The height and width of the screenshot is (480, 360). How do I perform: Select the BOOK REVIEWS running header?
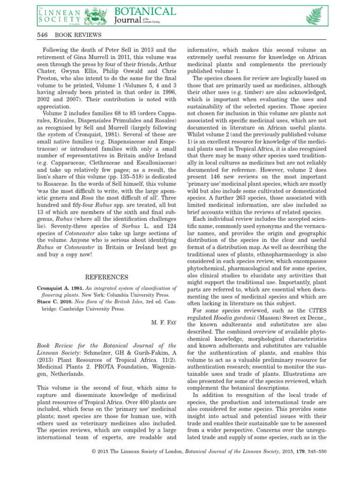pos(78,36)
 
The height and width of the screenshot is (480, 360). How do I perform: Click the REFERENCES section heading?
pos(106,277)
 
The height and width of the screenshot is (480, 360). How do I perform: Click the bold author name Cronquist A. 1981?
pos(58,288)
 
